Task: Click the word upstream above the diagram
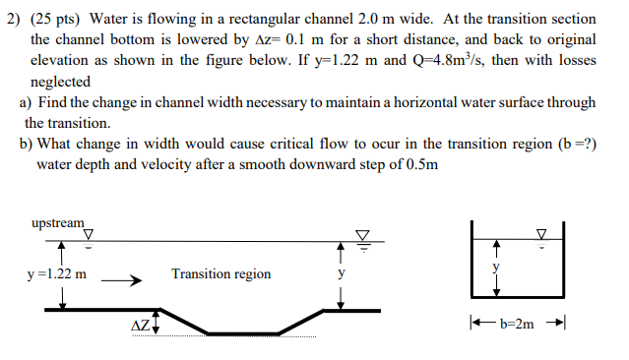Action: tap(58, 223)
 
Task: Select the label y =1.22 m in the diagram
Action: tap(58, 274)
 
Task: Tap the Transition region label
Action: tap(220, 274)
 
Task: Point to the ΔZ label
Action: tap(142, 325)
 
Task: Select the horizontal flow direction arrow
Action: tap(122, 279)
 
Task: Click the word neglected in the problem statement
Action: tap(61, 82)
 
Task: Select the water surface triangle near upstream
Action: tap(89, 234)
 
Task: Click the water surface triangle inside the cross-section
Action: tap(540, 234)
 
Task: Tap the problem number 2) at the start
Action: tap(14, 20)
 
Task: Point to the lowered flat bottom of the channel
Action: tap(240, 331)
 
